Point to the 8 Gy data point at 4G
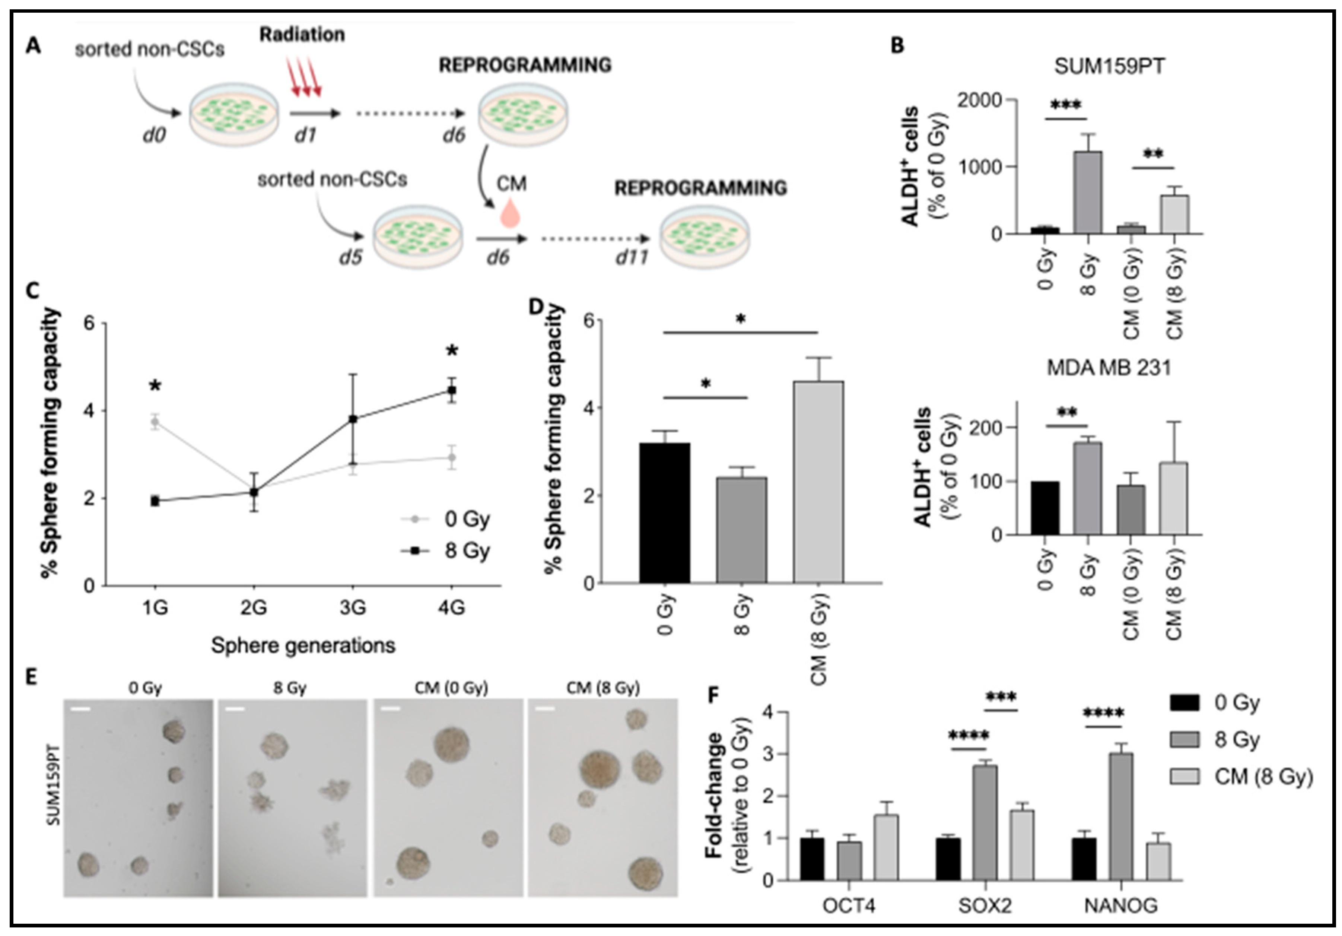(451, 390)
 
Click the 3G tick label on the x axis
(353, 608)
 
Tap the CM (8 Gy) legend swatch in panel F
(1185, 776)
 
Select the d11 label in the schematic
(632, 257)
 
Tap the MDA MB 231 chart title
(1109, 369)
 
